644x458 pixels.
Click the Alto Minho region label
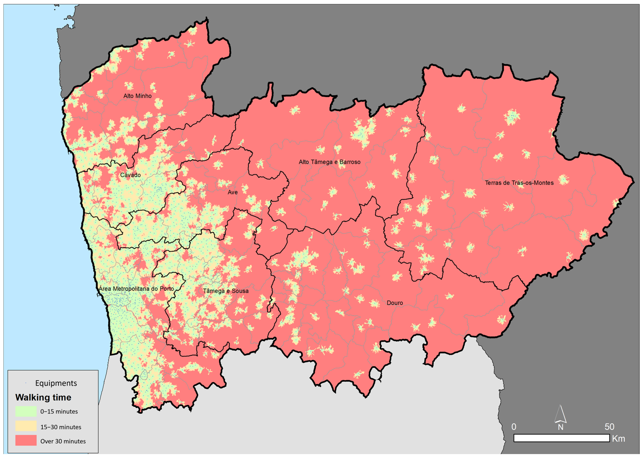pos(137,96)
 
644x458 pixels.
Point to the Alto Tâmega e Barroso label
pos(329,162)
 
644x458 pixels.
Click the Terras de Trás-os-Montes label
pos(519,183)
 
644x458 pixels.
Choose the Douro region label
pos(395,303)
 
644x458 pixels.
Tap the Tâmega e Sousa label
pos(226,291)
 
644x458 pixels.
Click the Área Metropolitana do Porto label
pos(136,289)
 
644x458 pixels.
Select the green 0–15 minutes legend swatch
pos(26,411)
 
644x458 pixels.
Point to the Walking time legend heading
pos(43,397)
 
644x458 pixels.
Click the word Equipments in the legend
pos(56,383)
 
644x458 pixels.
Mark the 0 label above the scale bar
pos(514,427)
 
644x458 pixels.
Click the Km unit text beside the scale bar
pos(618,439)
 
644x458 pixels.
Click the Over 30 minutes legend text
pos(63,441)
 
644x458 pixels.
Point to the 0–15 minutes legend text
pos(59,411)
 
